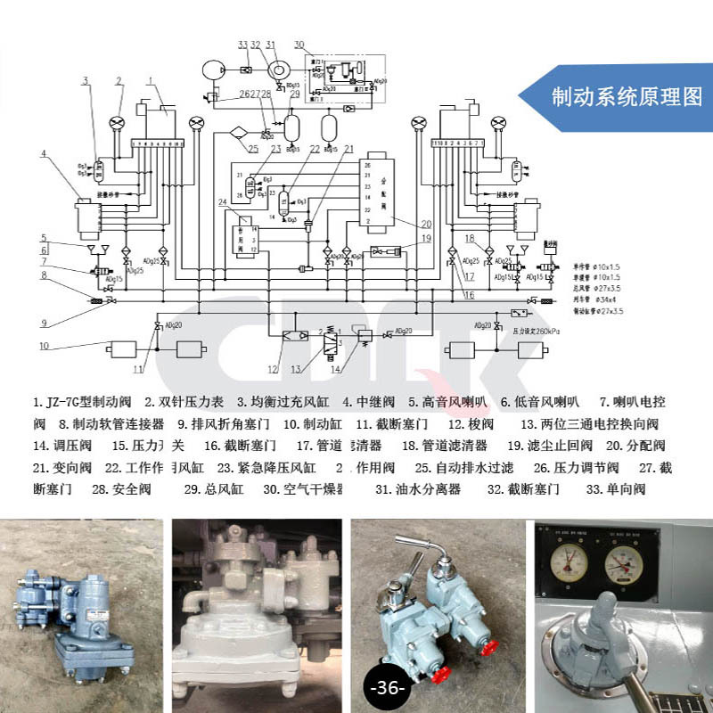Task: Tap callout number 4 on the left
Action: (43, 154)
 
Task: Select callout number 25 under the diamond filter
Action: (253, 149)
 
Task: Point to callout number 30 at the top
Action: (299, 44)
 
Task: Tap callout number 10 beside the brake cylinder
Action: (43, 345)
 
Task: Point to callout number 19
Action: (426, 238)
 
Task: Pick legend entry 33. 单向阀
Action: (616, 488)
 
